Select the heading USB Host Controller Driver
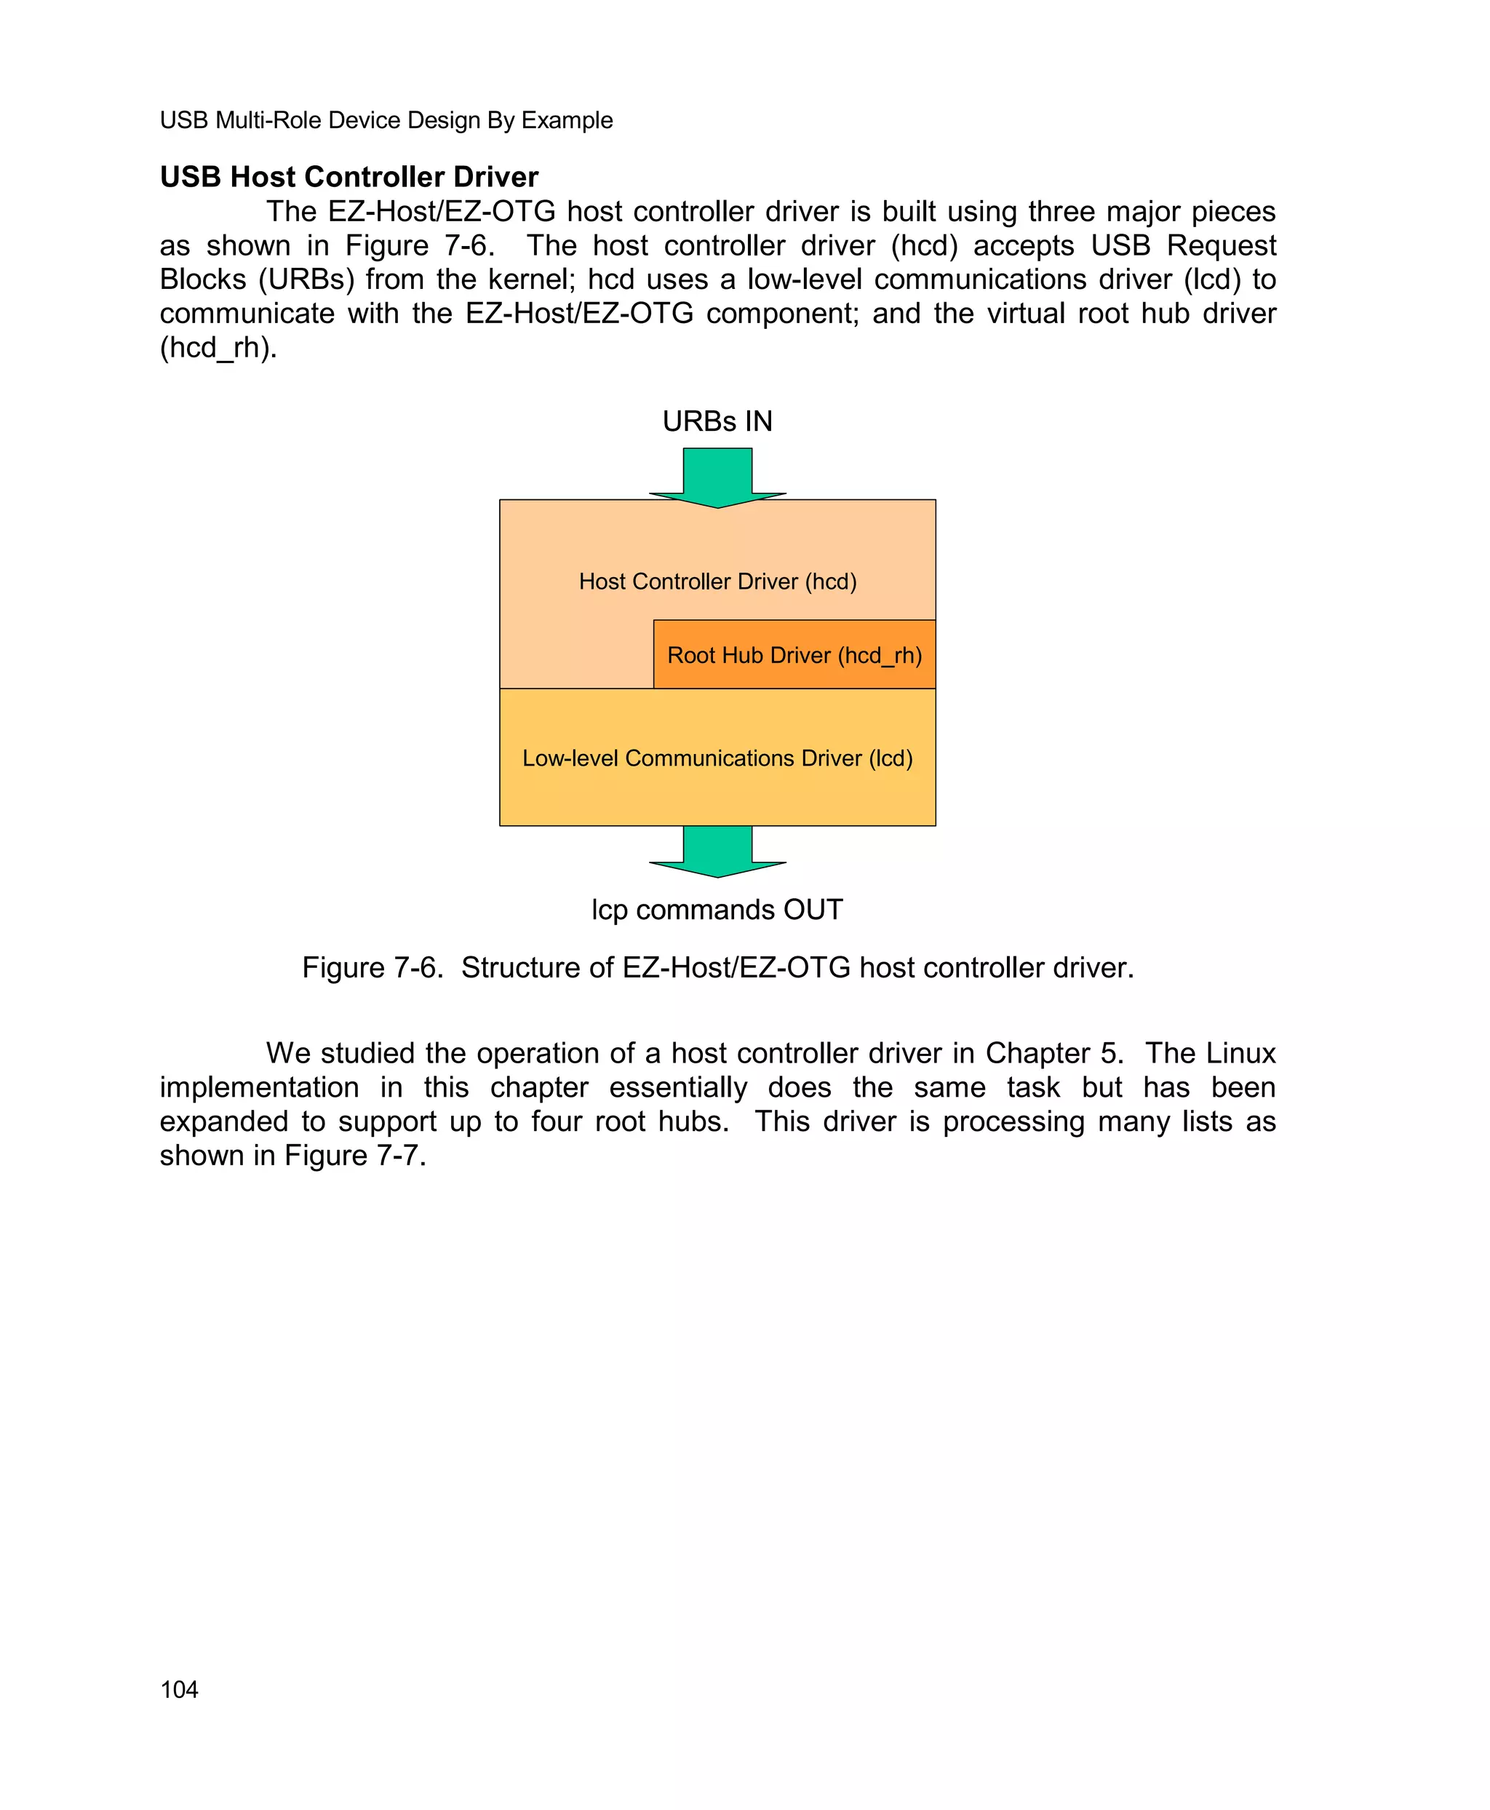point(348,177)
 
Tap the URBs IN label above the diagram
point(717,421)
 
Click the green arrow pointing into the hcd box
point(717,477)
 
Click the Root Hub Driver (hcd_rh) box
point(794,655)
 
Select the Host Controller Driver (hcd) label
point(717,581)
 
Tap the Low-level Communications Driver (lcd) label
point(717,758)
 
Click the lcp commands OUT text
point(717,909)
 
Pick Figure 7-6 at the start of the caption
point(372,968)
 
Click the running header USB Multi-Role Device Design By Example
point(386,120)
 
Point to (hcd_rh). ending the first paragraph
point(218,348)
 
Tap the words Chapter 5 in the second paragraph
point(1053,1054)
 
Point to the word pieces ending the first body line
point(1233,212)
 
